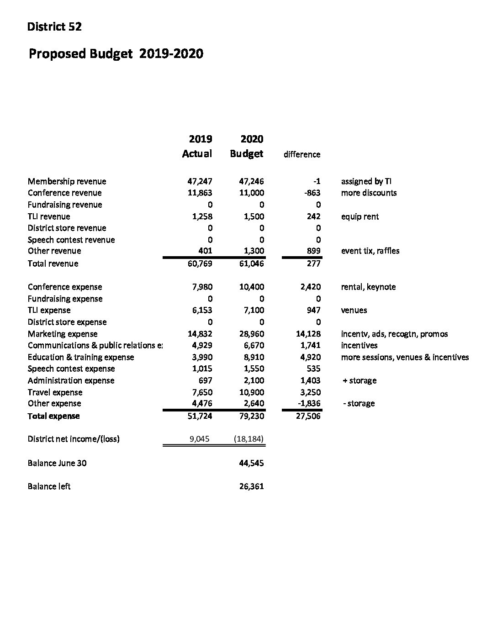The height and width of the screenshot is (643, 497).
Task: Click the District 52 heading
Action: [54, 27]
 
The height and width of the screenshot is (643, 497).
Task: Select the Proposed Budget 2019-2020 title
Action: [116, 54]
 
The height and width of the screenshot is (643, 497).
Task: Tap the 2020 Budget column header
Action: [247, 146]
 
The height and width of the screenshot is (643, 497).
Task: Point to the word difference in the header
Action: [302, 154]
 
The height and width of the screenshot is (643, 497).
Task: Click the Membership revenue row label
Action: [67, 181]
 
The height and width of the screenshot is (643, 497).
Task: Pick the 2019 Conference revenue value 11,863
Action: [200, 193]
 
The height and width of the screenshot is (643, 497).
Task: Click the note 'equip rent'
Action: [360, 216]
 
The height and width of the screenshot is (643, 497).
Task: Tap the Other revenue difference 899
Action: [313, 251]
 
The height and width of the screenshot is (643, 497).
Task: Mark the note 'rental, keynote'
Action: [368, 287]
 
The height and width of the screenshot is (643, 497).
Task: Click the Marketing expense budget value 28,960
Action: [251, 334]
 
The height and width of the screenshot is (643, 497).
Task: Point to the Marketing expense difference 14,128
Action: [308, 334]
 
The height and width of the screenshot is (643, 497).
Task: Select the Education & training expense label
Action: [81, 357]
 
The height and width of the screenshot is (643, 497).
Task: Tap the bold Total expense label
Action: [53, 416]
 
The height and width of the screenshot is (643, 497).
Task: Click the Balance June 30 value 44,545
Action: [251, 463]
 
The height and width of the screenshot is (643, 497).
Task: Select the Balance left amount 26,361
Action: [251, 486]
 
